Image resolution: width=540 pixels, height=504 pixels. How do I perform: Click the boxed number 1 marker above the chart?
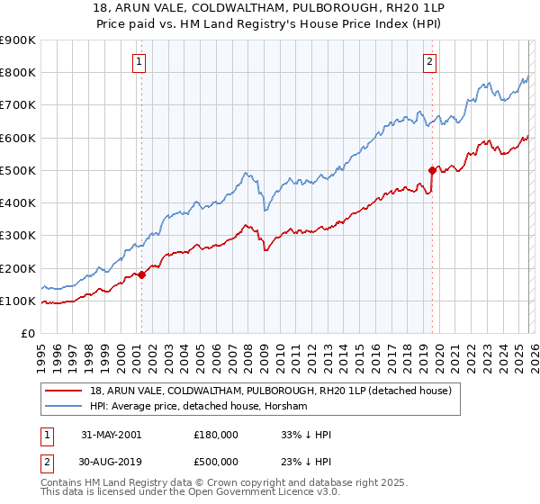pos(140,62)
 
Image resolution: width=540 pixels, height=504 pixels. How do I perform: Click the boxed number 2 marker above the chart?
pos(430,62)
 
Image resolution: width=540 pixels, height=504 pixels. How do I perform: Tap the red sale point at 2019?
pos(432,170)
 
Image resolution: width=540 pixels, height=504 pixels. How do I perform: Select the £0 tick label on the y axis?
pos(27,333)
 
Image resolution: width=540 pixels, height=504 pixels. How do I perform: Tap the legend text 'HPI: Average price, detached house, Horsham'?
pos(198,407)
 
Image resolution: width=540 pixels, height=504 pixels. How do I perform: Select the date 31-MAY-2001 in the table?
pos(111,434)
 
